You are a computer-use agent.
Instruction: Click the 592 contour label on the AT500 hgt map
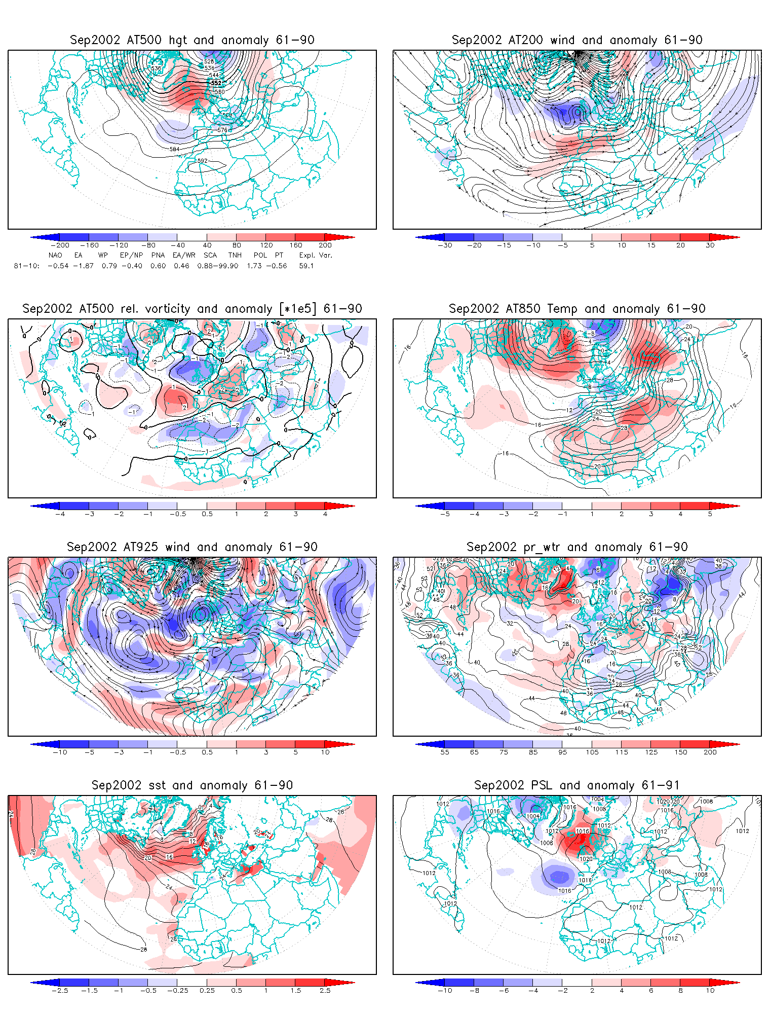(202, 161)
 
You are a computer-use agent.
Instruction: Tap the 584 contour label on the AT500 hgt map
(174, 150)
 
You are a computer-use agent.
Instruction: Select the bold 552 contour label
(216, 83)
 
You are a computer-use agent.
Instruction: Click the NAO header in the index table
(55, 255)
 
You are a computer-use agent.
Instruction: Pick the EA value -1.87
(83, 266)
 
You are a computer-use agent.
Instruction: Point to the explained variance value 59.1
(306, 266)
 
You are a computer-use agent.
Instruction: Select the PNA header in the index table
(158, 255)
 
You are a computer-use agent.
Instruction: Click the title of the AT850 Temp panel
(577, 309)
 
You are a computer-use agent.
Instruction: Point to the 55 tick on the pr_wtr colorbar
(445, 752)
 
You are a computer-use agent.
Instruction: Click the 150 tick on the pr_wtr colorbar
(681, 752)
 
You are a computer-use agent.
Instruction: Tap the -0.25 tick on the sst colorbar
(177, 990)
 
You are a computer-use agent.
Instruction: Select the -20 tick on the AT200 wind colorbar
(474, 245)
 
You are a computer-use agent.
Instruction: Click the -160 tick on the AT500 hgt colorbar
(89, 245)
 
